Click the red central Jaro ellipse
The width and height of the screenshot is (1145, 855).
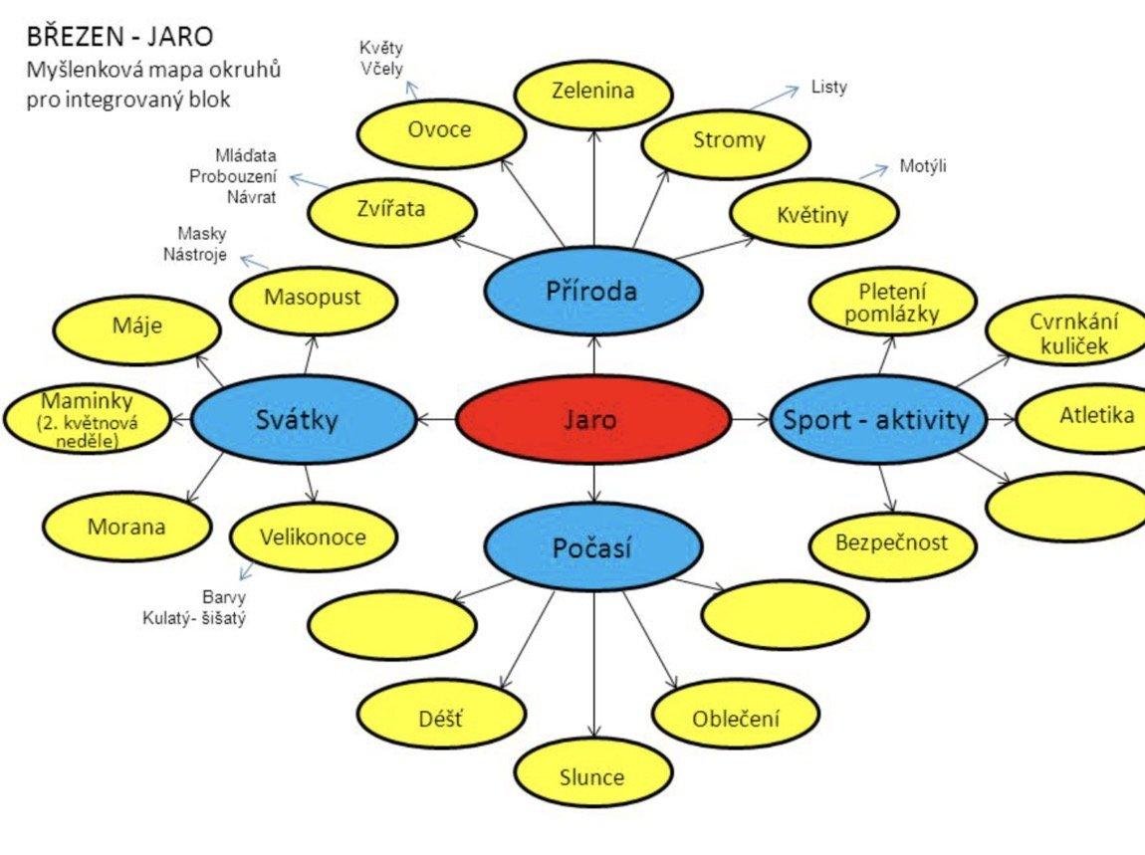[x=593, y=419]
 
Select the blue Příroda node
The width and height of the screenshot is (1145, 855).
[x=591, y=291]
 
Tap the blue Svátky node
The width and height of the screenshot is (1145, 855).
[x=303, y=419]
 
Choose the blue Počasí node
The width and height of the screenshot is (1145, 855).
[x=592, y=547]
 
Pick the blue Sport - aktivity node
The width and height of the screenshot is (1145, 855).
[x=876, y=419]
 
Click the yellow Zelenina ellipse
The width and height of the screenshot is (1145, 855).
[x=592, y=91]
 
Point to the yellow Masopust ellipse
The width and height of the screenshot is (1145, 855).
[x=313, y=297]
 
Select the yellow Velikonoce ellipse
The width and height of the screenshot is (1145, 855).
[x=313, y=537]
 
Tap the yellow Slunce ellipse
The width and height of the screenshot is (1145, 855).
[x=592, y=776]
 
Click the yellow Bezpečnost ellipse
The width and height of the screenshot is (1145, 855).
[x=893, y=543]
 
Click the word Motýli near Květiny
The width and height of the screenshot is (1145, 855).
[x=923, y=165]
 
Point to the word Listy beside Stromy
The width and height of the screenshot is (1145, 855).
[x=829, y=87]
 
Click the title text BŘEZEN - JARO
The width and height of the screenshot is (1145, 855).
[x=119, y=38]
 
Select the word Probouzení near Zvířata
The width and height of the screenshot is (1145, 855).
[x=233, y=176]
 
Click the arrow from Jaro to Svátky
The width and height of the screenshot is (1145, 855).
[x=436, y=419]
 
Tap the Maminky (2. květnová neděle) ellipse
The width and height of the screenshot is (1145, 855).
[x=89, y=419]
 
